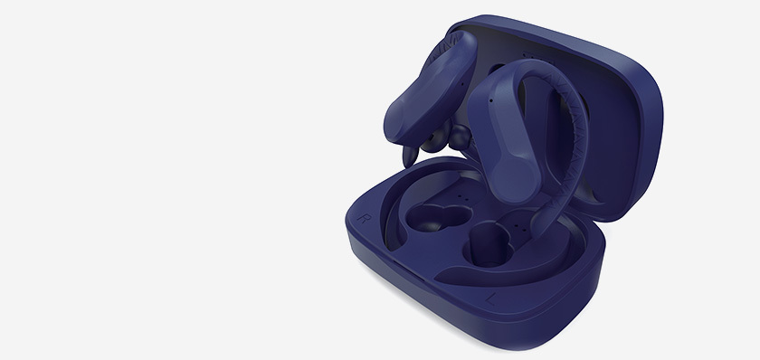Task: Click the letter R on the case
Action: (364, 218)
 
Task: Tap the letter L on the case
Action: (490, 298)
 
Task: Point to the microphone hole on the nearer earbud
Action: (491, 100)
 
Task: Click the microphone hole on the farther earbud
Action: (462, 85)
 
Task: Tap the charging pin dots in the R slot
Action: (462, 198)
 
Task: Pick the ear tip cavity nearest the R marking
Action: (438, 217)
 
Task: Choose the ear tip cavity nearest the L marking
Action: (488, 245)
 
